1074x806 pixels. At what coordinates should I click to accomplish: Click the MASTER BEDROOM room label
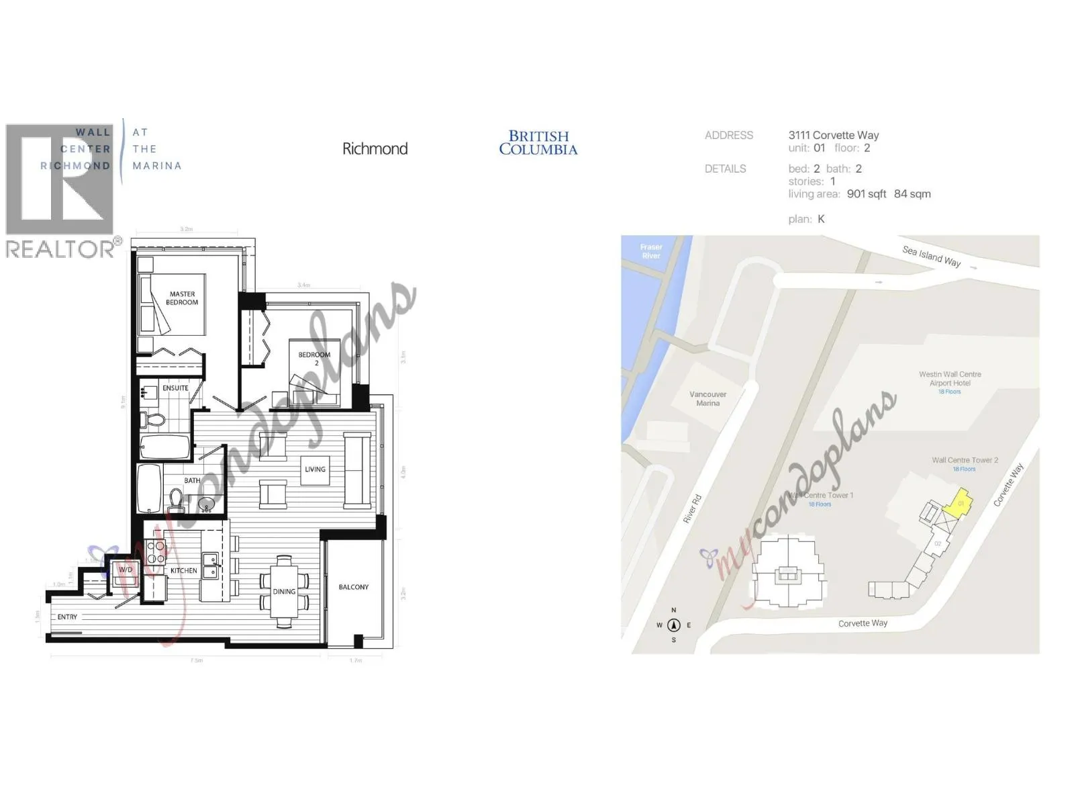pos(183,298)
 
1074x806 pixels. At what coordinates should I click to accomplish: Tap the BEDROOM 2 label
pos(314,358)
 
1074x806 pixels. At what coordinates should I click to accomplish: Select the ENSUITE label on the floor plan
pos(175,388)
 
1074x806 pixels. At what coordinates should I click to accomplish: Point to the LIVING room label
pos(315,469)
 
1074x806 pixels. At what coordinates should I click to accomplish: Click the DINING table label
pos(284,592)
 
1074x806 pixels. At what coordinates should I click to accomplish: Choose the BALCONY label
pos(354,587)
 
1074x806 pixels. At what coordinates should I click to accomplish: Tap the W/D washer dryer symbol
pos(126,570)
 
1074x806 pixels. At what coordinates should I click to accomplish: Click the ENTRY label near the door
pos(67,617)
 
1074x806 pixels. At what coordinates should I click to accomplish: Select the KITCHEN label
pos(183,571)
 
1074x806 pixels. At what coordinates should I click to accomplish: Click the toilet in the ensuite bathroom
pos(156,420)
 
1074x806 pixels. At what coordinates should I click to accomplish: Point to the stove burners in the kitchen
pos(156,551)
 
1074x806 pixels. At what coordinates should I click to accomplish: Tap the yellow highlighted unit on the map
pos(956,506)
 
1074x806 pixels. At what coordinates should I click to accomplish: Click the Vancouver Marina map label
pos(707,399)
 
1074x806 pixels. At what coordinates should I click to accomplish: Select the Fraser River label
pos(650,251)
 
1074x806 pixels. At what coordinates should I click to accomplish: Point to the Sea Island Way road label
pos(931,256)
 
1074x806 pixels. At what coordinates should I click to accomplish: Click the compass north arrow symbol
pos(674,625)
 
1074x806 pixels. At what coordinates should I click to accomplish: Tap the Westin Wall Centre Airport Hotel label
pos(950,379)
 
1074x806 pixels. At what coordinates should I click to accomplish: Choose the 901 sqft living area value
pos(867,194)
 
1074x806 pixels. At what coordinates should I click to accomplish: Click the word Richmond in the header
pos(375,148)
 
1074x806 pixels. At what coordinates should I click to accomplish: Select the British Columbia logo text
pos(538,143)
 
